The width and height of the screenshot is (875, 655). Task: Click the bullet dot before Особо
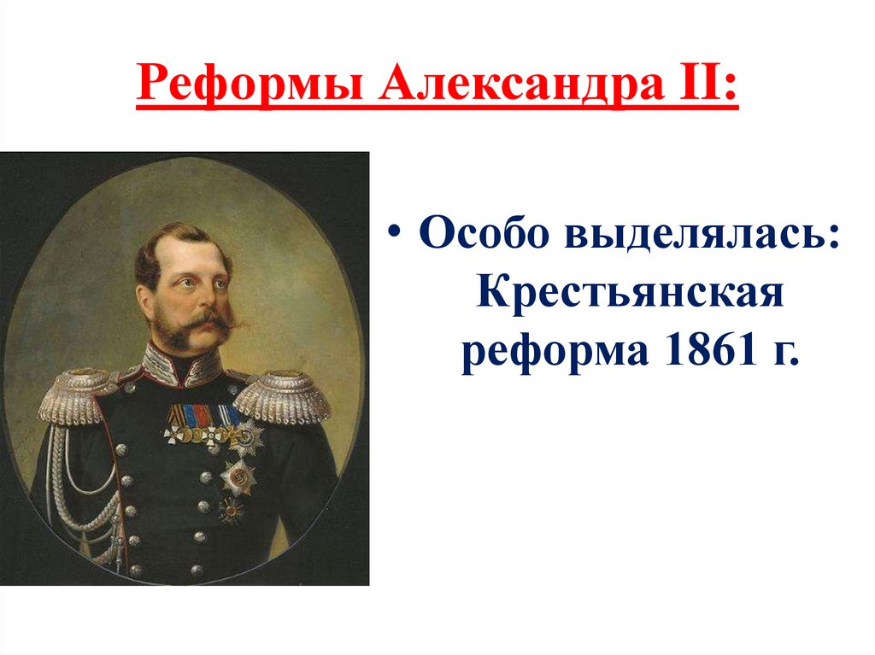coord(402,237)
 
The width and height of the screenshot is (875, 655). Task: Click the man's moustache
coord(198,321)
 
